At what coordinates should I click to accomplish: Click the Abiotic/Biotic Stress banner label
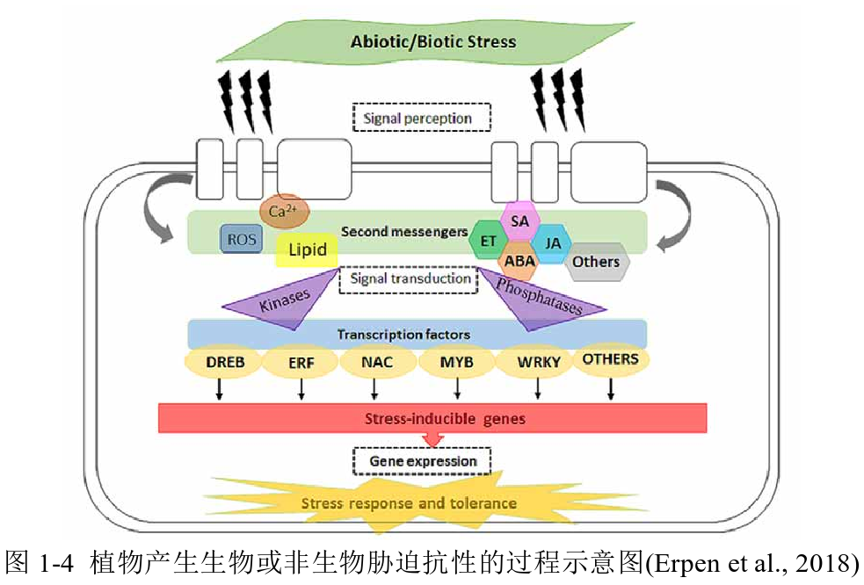pos(432,41)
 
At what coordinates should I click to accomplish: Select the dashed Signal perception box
pos(421,118)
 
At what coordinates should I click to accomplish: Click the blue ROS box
pos(240,238)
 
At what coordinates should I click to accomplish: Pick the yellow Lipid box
pos(307,250)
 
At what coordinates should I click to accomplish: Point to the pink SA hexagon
pos(519,222)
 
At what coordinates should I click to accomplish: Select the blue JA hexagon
pos(553,242)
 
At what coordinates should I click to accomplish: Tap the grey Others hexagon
pos(596,262)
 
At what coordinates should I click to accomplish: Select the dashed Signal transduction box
pos(409,279)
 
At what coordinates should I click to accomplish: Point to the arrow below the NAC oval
pos(376,389)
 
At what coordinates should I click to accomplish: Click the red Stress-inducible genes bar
pos(432,418)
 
